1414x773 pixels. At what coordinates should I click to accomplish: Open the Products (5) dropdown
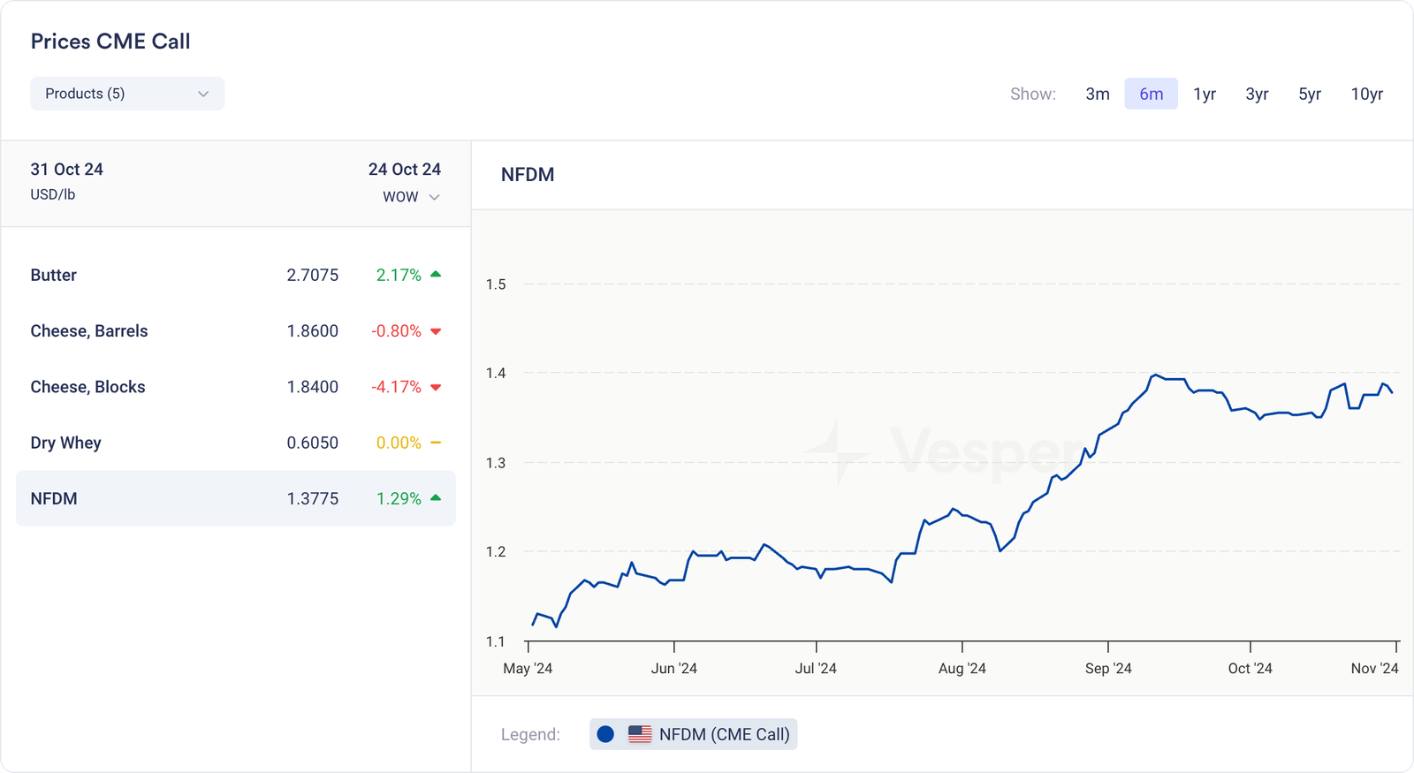pyautogui.click(x=127, y=94)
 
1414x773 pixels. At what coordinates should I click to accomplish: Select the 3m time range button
pyautogui.click(x=1098, y=94)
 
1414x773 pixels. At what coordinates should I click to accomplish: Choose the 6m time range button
pyautogui.click(x=1151, y=94)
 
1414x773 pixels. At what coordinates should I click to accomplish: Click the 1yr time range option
pyautogui.click(x=1205, y=94)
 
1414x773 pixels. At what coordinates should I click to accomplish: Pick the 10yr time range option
pyautogui.click(x=1366, y=94)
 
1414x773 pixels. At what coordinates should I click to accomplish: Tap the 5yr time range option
pyautogui.click(x=1310, y=94)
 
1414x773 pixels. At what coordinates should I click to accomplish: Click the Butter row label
pyautogui.click(x=54, y=275)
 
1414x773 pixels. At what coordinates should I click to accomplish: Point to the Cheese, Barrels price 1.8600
pyautogui.click(x=312, y=331)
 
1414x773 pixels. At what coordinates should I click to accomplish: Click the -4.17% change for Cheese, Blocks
pyautogui.click(x=396, y=387)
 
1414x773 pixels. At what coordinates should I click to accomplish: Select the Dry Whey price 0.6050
pyautogui.click(x=312, y=443)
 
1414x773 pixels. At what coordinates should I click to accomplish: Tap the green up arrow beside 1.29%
pyautogui.click(x=436, y=498)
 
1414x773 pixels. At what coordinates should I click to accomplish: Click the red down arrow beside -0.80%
pyautogui.click(x=436, y=332)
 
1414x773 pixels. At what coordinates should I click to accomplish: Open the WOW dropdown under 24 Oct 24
pyautogui.click(x=411, y=197)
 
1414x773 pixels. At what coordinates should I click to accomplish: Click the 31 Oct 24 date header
pyautogui.click(x=67, y=170)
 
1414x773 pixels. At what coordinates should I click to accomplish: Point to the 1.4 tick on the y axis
pyautogui.click(x=496, y=373)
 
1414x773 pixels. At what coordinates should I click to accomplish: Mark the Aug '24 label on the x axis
pyautogui.click(x=962, y=668)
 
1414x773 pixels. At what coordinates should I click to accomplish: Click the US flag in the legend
pyautogui.click(x=640, y=734)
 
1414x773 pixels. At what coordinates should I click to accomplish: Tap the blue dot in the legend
pyautogui.click(x=605, y=734)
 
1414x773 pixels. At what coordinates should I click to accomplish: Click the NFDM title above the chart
pyautogui.click(x=528, y=175)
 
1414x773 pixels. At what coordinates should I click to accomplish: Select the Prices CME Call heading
pyautogui.click(x=110, y=42)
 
